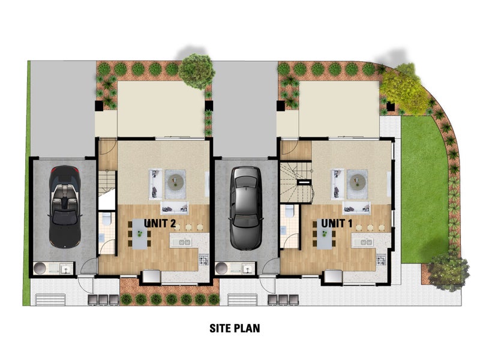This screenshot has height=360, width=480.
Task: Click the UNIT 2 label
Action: [160, 223]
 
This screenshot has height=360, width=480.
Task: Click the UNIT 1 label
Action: [337, 223]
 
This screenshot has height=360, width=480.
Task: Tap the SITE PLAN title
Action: [235, 328]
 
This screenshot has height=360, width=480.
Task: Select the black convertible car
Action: [65, 206]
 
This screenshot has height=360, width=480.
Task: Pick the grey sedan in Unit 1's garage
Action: [246, 208]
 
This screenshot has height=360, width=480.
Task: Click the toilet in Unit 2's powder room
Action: [107, 218]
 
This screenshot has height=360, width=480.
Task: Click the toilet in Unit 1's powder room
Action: [289, 211]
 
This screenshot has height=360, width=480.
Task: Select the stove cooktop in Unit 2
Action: [204, 260]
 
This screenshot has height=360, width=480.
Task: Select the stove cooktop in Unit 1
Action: [381, 260]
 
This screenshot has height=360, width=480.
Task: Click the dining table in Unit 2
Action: [140, 234]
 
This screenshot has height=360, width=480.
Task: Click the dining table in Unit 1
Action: [324, 234]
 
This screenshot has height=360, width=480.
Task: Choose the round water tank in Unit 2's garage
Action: [40, 268]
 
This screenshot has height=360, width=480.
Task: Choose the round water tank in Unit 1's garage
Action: [221, 268]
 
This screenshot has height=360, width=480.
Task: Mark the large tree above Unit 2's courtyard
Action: [196, 71]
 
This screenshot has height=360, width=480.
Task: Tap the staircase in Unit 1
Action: [296, 182]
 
